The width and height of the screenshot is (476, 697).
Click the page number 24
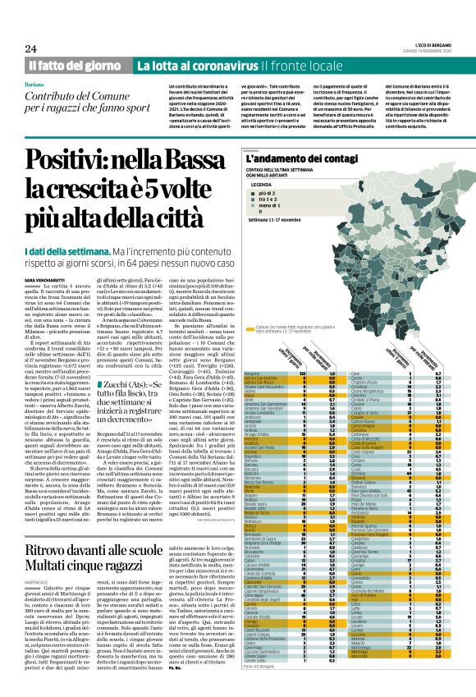click(19, 28)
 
